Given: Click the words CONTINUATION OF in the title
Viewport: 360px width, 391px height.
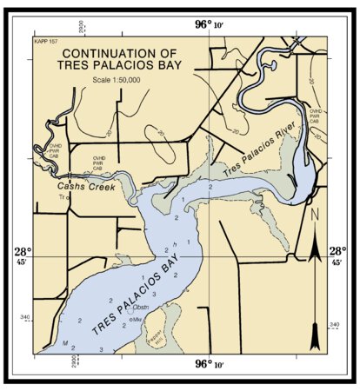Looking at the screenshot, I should (x=121, y=53).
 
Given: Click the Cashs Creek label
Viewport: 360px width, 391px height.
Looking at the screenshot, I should (x=86, y=186).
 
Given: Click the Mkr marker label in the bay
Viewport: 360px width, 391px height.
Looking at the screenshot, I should (x=137, y=320).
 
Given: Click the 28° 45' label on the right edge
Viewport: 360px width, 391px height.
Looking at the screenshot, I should (x=337, y=254).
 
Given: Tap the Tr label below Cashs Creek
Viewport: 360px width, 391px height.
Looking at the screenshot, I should (x=62, y=198).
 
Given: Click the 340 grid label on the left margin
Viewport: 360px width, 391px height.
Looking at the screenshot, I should (x=23, y=318).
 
